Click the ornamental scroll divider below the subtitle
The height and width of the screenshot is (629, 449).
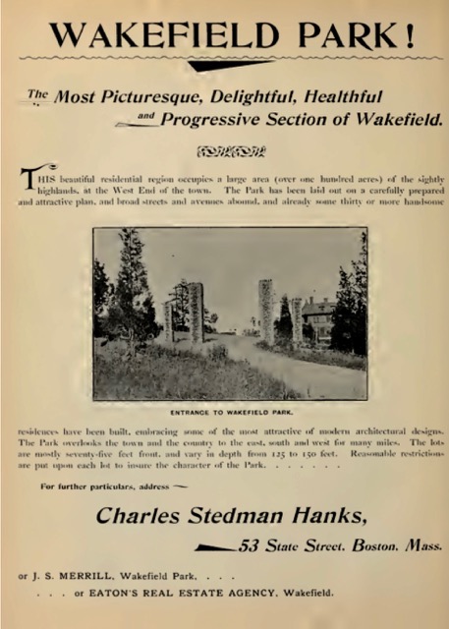[x=231, y=151]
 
